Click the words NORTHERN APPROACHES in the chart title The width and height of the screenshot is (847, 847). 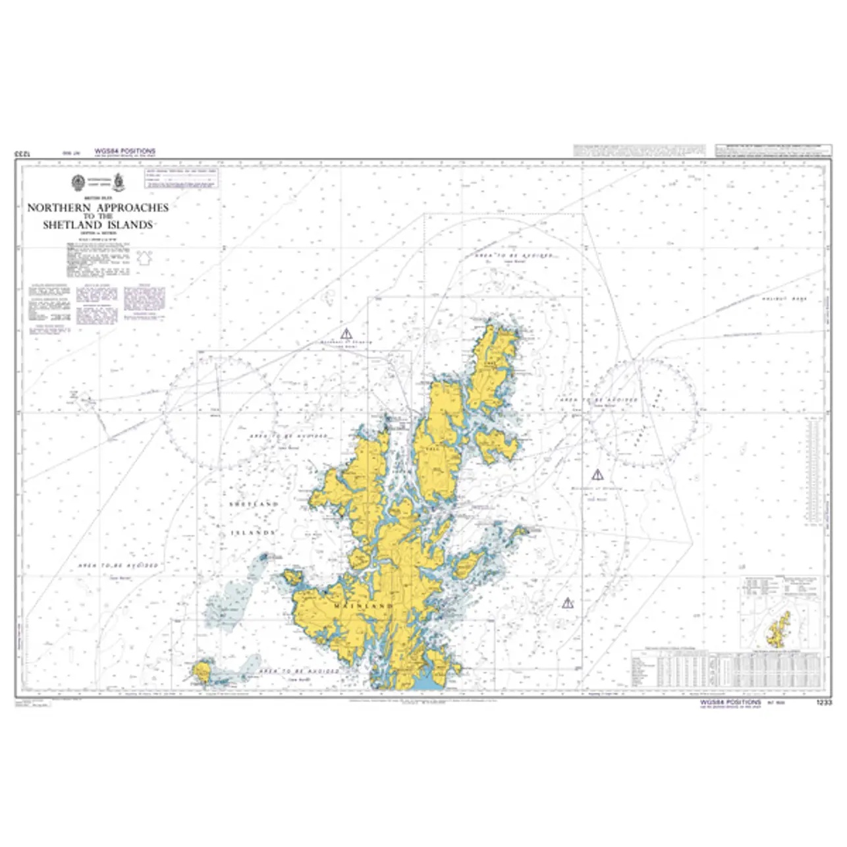(97, 207)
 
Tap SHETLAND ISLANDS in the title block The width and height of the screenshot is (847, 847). (97, 225)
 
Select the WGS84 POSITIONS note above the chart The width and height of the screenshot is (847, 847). (125, 151)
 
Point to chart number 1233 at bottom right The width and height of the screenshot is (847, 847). (824, 703)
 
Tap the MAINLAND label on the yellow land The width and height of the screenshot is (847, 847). (364, 605)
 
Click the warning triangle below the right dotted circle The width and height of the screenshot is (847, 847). (597, 474)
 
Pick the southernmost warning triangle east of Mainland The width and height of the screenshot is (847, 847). (567, 602)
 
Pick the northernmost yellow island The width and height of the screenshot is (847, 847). (496, 362)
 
